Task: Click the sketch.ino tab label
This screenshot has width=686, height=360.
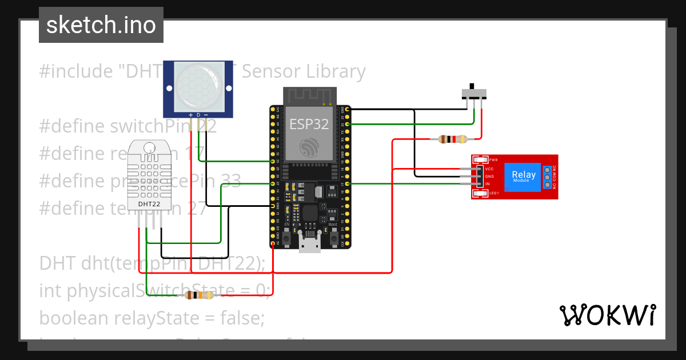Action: coord(101,25)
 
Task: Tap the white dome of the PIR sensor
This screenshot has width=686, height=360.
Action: coord(198,87)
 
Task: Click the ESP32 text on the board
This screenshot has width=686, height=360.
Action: coord(309,124)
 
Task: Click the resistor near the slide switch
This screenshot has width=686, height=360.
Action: coord(452,139)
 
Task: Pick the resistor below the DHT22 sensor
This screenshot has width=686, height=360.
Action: coord(200,295)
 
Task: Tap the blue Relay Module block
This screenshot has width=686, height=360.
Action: coord(524,176)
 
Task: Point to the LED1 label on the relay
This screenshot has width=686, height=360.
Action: coord(494,193)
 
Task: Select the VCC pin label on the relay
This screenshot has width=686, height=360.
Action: coord(489,169)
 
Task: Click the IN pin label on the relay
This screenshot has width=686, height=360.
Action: coord(488,183)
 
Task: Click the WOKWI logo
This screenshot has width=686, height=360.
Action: coord(607,315)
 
